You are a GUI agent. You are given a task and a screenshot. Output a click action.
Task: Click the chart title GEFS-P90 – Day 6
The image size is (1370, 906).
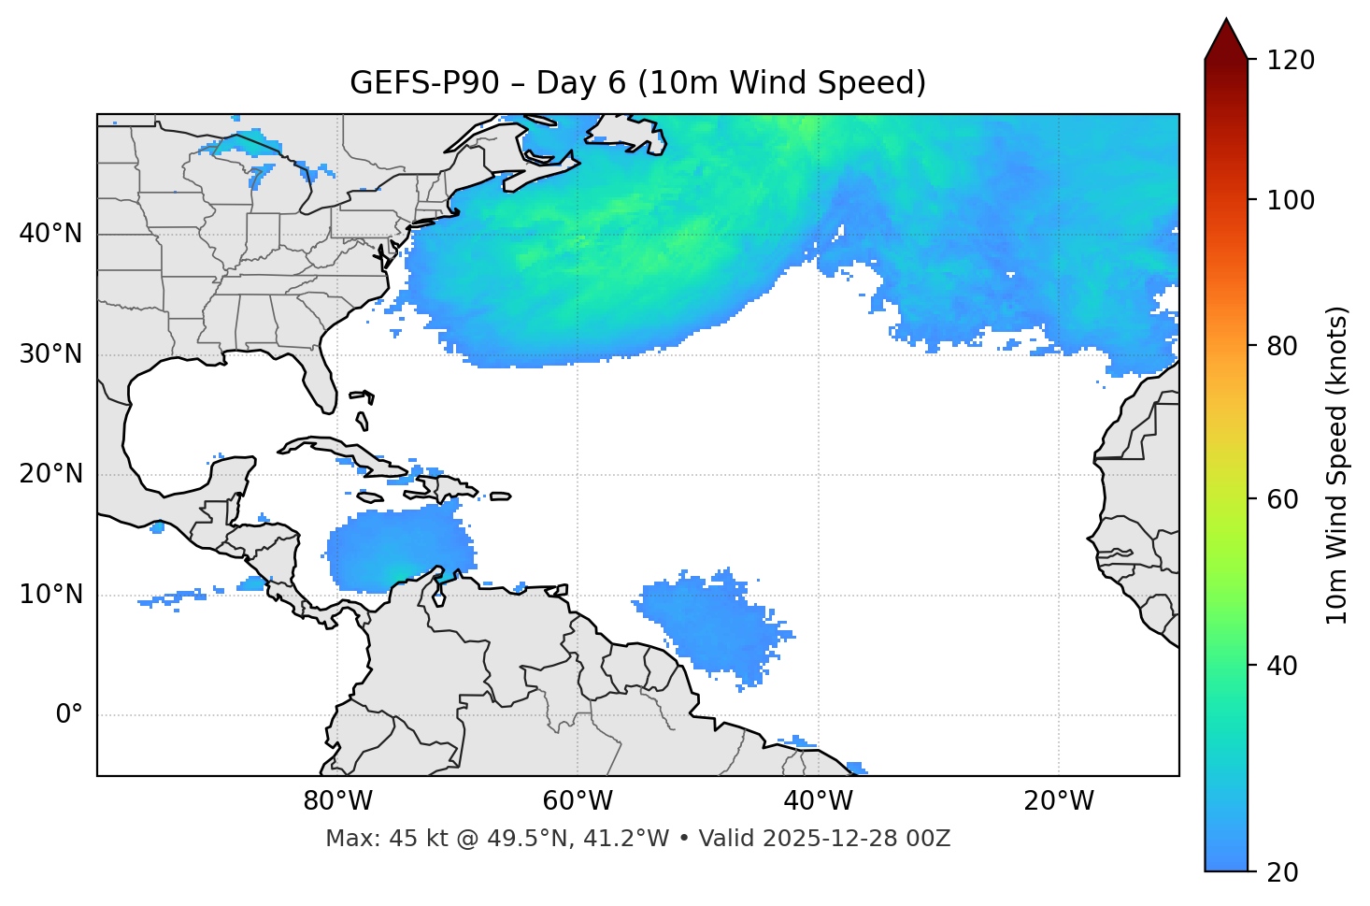pyautogui.click(x=637, y=83)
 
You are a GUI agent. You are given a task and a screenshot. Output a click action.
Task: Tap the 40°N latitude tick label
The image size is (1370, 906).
pyautogui.click(x=50, y=234)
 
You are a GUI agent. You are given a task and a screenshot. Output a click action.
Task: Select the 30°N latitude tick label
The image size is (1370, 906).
pyautogui.click(x=50, y=354)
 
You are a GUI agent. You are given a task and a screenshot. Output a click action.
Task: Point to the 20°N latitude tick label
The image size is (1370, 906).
pyautogui.click(x=50, y=474)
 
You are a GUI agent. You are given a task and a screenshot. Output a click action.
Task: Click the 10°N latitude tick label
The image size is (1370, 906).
pyautogui.click(x=50, y=595)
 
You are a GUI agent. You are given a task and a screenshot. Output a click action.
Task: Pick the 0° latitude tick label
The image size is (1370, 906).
pyautogui.click(x=69, y=715)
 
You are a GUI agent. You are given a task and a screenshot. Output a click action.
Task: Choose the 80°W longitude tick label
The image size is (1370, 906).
pyautogui.click(x=337, y=801)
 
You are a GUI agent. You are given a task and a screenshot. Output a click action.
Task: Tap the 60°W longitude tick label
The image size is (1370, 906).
pyautogui.click(x=578, y=801)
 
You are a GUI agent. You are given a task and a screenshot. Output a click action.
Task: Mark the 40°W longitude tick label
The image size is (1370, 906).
pyautogui.click(x=819, y=801)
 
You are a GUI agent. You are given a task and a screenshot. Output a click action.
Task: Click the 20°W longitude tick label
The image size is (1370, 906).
pyautogui.click(x=1059, y=801)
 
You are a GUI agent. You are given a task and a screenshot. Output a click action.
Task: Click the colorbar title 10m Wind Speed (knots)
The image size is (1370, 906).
pyautogui.click(x=1337, y=465)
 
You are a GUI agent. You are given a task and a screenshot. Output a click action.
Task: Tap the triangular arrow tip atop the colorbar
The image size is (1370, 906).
pyautogui.click(x=1226, y=37)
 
